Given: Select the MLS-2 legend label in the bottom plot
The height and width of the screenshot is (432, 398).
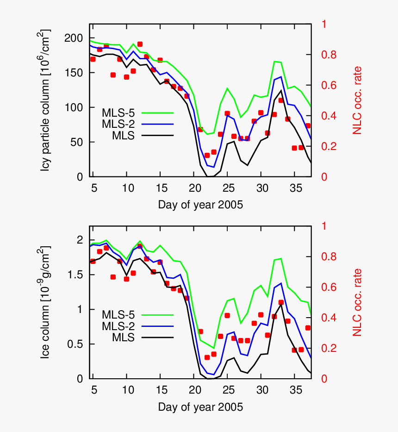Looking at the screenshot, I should pos(118,326).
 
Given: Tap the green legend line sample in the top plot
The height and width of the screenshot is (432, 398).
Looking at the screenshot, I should pos(157,112).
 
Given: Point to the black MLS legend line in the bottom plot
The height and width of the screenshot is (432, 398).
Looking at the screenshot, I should pos(157,338).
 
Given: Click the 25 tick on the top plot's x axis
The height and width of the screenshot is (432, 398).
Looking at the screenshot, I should pos(227,188).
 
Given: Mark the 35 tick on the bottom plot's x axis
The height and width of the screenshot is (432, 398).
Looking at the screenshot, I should pos(294,390).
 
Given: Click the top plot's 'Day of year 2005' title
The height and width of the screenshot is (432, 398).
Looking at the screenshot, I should pos(200,205).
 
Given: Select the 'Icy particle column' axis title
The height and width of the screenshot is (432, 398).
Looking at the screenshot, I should pos(46,100).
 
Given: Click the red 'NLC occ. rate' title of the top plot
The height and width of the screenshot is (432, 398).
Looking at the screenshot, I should pos(357,100).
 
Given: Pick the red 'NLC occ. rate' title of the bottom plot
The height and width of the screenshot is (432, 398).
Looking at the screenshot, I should pos(357,302).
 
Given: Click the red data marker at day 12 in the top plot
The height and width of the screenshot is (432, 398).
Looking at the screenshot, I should pos(140,44).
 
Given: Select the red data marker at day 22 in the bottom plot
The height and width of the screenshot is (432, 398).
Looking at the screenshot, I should pos(207,357).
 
